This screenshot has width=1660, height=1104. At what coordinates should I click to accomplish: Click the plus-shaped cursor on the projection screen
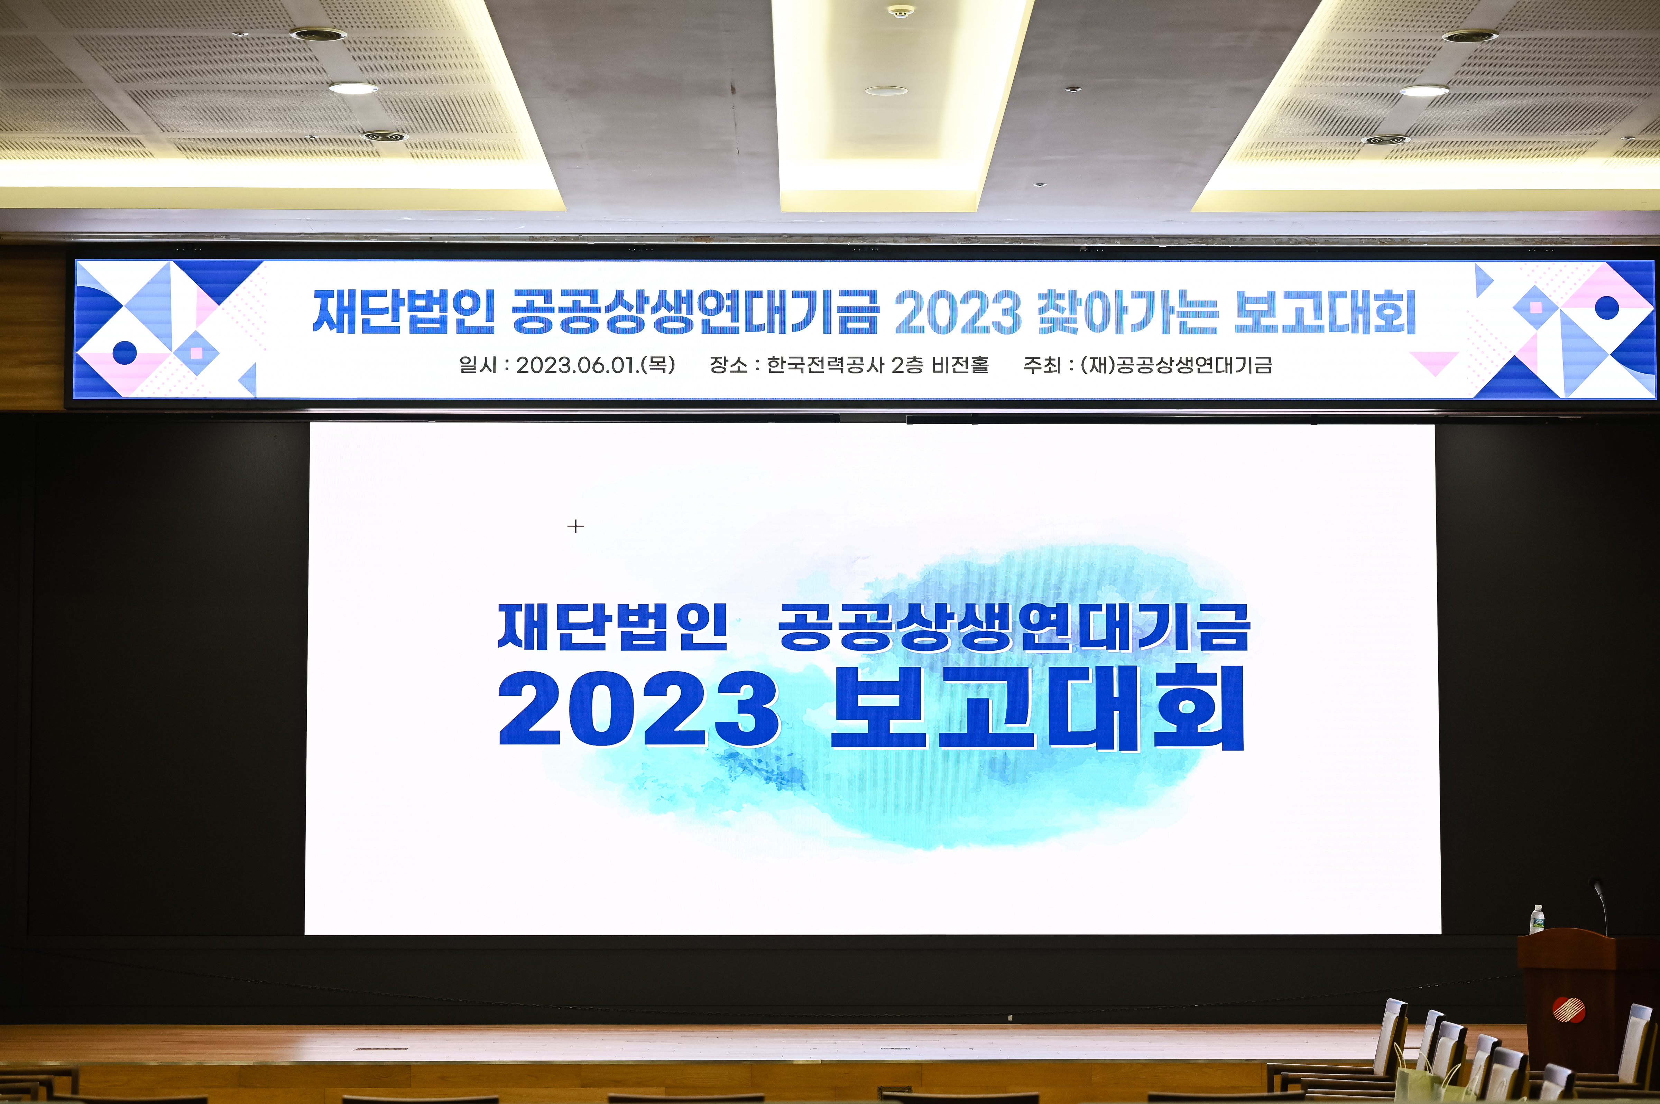coord(575,526)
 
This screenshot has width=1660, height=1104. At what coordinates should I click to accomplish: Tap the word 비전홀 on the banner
coord(960,365)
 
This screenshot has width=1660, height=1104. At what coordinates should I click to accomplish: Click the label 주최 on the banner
coord(1042,365)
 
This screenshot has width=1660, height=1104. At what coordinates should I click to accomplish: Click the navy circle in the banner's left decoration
coord(124,352)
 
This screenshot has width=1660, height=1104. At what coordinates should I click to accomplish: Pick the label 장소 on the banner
coord(728,365)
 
